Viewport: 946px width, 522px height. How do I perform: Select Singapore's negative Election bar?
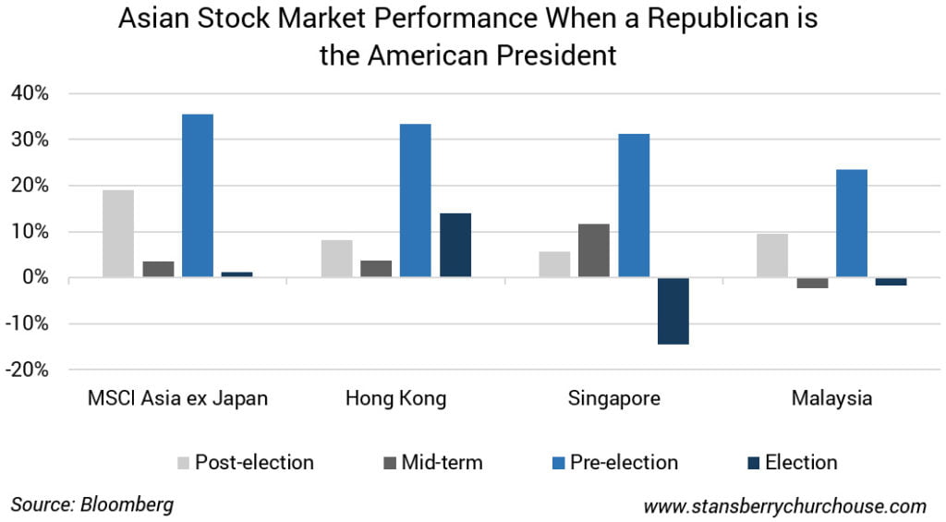pyautogui.click(x=673, y=310)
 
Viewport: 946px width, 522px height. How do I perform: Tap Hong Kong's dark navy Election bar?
pyautogui.click(x=455, y=245)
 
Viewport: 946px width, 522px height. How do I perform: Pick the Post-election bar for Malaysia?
pyautogui.click(x=772, y=255)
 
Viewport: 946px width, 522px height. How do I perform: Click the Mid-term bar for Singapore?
pyautogui.click(x=594, y=250)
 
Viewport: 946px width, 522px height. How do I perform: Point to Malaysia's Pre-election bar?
pyautogui.click(x=852, y=223)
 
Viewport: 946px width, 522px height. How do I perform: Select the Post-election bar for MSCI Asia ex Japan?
pyautogui.click(x=118, y=234)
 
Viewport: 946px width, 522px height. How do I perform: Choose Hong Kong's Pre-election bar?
pyautogui.click(x=416, y=200)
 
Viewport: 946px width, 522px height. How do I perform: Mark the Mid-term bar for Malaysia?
pyautogui.click(x=812, y=283)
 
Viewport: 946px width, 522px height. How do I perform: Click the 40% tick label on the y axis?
pyautogui.click(x=30, y=94)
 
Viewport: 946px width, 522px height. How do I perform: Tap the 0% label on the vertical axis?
pyautogui.click(x=36, y=278)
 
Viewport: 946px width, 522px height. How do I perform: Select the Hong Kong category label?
pyautogui.click(x=395, y=399)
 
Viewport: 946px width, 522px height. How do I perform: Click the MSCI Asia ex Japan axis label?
pyautogui.click(x=177, y=399)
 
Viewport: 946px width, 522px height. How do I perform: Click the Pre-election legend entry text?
pyautogui.click(x=622, y=462)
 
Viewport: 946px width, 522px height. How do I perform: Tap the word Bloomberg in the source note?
pyautogui.click(x=127, y=504)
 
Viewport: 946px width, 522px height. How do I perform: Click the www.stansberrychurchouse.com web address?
pyautogui.click(x=784, y=505)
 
